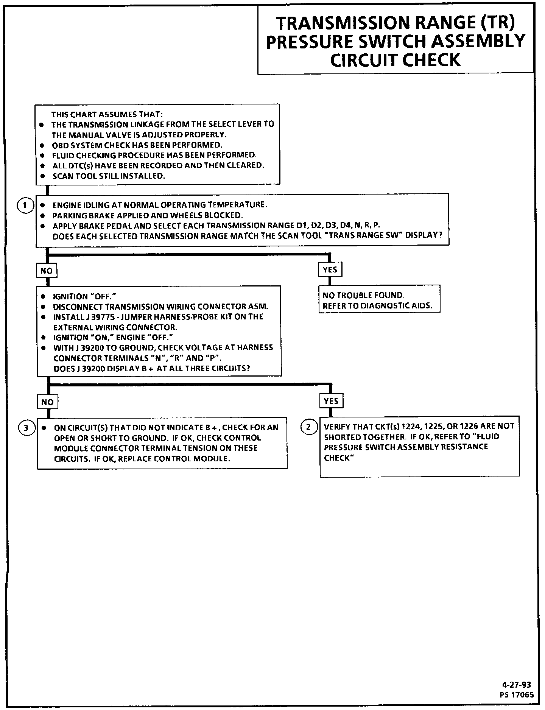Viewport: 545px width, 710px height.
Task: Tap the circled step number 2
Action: pyautogui.click(x=308, y=427)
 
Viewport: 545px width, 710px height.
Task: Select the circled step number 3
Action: pyautogui.click(x=26, y=428)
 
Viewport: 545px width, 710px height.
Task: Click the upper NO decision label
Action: pyautogui.click(x=47, y=271)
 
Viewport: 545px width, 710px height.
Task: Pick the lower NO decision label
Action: pyautogui.click(x=47, y=402)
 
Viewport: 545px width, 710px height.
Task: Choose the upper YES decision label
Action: pyautogui.click(x=330, y=270)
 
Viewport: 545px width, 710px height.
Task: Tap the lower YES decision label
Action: pyautogui.click(x=331, y=401)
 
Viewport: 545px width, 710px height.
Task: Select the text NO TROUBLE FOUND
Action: pyautogui.click(x=364, y=296)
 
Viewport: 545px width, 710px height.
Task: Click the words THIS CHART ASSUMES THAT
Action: pyautogui.click(x=107, y=114)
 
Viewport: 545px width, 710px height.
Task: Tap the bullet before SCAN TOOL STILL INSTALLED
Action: pyautogui.click(x=43, y=176)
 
